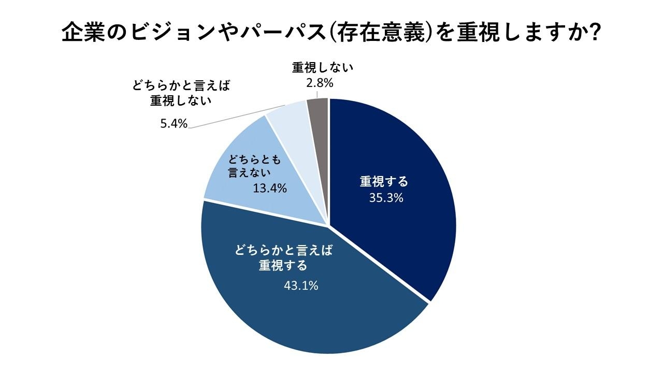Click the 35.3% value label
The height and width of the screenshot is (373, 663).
click(386, 198)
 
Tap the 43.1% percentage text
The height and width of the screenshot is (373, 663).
click(300, 285)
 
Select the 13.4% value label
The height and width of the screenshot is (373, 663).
click(270, 189)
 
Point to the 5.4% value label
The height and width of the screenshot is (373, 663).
click(174, 124)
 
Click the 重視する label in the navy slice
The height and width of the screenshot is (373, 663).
click(384, 182)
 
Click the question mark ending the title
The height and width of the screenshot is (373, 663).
click(595, 33)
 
